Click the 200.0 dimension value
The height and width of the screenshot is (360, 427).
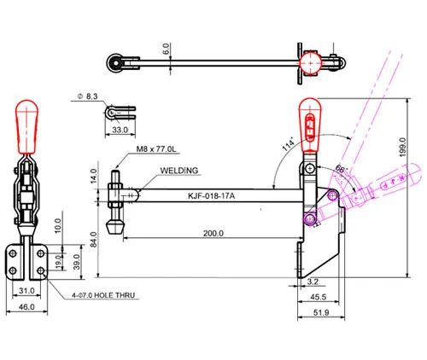pos(213,234)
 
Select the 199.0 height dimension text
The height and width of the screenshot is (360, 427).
pos(402,148)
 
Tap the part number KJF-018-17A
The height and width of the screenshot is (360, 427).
pos(211,196)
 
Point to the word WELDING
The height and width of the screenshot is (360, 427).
pos(179,171)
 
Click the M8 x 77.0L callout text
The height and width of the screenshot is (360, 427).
pos(156,148)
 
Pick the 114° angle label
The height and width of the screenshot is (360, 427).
pos(289,144)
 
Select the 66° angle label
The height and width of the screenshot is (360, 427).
pos(342,169)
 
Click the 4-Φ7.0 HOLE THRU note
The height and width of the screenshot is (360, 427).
pos(103,295)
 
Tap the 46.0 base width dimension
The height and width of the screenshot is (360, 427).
pos(26,307)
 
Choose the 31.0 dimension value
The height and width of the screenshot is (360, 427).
pos(26,291)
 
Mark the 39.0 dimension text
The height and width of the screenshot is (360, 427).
pos(76,262)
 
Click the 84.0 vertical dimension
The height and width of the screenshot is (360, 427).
pos(94,240)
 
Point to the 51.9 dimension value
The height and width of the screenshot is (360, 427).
pos(321,313)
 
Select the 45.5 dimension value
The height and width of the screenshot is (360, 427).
pos(318,297)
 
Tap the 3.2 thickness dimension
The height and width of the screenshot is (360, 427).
pos(313,282)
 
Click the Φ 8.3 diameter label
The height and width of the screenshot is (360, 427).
pos(88,96)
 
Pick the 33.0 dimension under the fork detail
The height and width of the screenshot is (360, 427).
pos(120,130)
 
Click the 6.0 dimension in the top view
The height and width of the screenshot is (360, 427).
pos(167,49)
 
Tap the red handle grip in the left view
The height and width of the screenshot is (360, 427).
pos(26,127)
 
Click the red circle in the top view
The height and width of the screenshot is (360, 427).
pos(310,63)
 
